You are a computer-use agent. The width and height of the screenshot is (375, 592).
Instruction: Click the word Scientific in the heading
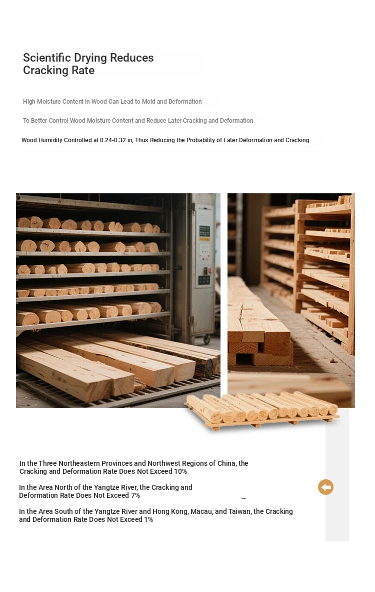click(46, 58)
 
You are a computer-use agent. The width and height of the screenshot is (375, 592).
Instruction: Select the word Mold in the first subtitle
click(148, 102)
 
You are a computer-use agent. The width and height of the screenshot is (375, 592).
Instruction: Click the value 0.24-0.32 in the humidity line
click(113, 140)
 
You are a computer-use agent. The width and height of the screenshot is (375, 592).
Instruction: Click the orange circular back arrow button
click(325, 487)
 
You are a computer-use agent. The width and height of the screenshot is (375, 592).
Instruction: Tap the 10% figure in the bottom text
click(180, 471)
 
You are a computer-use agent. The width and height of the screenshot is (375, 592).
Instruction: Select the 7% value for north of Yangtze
click(135, 495)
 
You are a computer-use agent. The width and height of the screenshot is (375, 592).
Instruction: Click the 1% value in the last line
click(148, 519)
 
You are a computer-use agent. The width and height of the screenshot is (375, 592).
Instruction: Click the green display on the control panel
click(204, 231)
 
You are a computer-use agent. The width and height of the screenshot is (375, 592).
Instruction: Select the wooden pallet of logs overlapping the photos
click(262, 409)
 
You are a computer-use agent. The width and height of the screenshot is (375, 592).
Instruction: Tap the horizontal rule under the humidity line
click(174, 151)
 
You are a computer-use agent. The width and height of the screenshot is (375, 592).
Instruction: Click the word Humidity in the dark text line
click(50, 140)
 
